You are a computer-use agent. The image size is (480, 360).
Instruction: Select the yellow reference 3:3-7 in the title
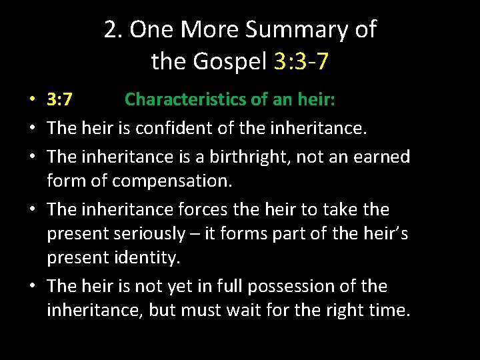(x=301, y=61)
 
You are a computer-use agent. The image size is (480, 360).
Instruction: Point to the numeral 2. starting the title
(x=113, y=29)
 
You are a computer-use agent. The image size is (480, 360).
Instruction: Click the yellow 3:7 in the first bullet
(x=60, y=99)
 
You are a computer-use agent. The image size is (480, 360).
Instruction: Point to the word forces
(x=201, y=209)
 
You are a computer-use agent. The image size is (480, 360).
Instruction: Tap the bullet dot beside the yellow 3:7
(x=32, y=101)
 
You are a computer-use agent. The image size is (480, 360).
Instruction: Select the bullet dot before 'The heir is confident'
(x=32, y=129)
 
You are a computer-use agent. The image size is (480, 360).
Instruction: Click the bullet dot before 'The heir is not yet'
(x=32, y=287)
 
